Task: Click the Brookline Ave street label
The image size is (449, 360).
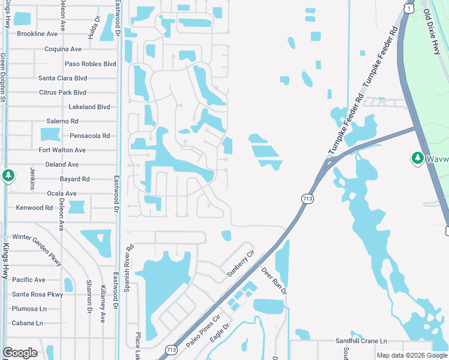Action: tap(37, 34)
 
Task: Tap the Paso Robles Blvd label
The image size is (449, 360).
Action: tap(90, 64)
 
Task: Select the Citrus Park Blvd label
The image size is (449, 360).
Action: tap(62, 92)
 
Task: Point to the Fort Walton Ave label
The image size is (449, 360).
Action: tap(62, 150)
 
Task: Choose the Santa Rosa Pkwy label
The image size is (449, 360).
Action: tap(37, 295)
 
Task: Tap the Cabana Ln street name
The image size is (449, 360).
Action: tap(27, 323)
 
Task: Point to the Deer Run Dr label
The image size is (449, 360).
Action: tap(275, 281)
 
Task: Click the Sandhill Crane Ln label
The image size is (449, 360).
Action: tap(361, 340)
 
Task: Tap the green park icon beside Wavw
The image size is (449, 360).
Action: tap(417, 158)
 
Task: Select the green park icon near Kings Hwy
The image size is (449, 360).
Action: tap(8, 175)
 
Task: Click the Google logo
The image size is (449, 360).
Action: tap(20, 353)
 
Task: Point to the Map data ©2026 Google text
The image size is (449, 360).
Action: tap(411, 355)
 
